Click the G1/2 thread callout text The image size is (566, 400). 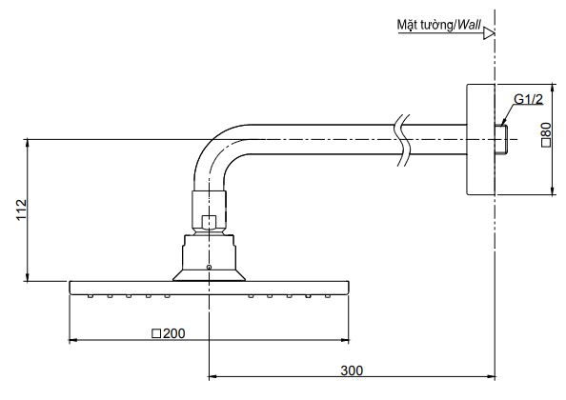[x=528, y=99]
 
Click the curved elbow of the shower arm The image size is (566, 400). [x=212, y=152]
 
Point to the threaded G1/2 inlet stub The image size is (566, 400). [x=501, y=140]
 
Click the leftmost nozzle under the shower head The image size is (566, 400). [x=91, y=296]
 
